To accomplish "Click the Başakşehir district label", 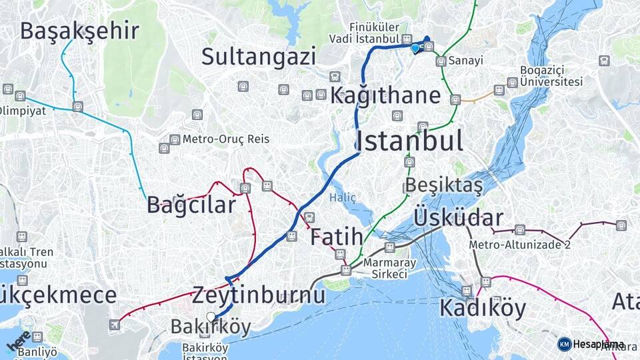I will pos(79,31).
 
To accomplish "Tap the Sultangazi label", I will pos(259,57).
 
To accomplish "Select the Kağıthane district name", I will pos(385,95).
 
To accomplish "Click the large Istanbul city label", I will pos(409,141).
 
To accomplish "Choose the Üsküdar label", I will pos(459,218).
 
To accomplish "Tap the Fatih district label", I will pos(337,237).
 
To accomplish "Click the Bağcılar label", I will pos(191,205).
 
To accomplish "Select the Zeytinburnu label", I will pos(259,295).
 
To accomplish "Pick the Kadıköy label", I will pos(483,308).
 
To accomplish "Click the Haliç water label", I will pos(343,198).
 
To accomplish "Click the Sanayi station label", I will pos(465,61).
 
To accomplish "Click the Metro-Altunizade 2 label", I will pos(520,245).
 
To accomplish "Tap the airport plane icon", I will pos(115,325).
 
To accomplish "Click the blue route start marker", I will pos(415,48).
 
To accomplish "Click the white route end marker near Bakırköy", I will pos(211,317).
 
